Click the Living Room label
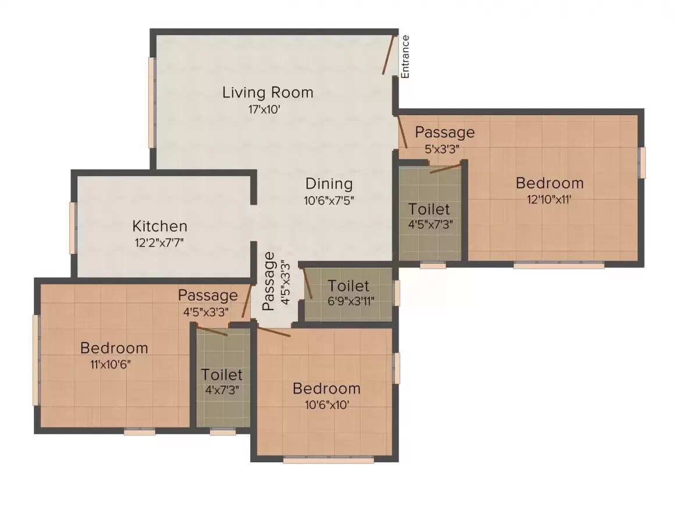click(268, 92)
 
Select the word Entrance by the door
click(406, 56)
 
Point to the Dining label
click(329, 184)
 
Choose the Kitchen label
click(159, 226)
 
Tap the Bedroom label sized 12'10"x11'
click(549, 183)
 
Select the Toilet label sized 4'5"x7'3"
click(429, 208)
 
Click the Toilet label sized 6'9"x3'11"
click(348, 286)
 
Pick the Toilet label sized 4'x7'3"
click(222, 374)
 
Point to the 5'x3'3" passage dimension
click(442, 149)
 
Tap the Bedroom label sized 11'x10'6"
click(114, 348)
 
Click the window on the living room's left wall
click(151, 102)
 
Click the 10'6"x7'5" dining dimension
click(329, 201)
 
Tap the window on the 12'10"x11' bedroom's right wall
click(642, 162)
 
